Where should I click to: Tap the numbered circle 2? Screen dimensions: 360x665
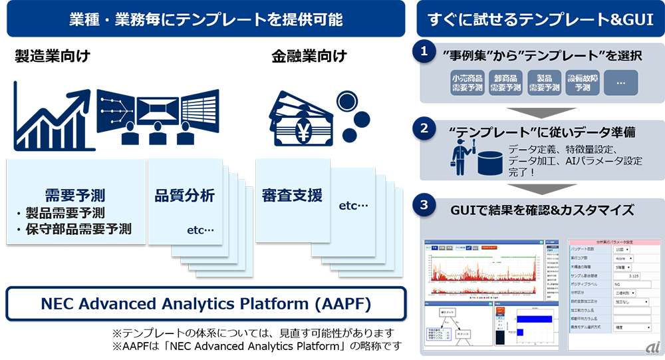coord(423,130)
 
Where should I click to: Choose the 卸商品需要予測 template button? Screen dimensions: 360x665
coord(506,83)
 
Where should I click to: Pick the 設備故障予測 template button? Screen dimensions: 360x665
coord(583,83)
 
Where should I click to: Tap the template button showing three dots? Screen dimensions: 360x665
coord(620,83)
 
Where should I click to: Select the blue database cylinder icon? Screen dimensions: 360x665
coord(489,160)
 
